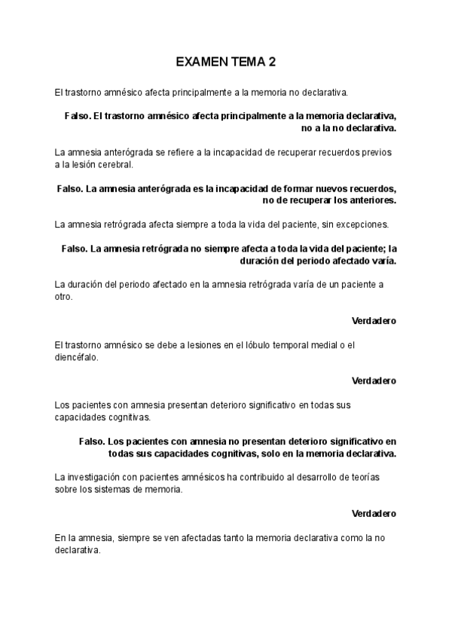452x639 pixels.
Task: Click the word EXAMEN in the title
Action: pyautogui.click(x=200, y=63)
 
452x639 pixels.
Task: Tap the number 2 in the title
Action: pyautogui.click(x=272, y=63)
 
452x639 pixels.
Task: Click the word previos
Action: pyautogui.click(x=377, y=153)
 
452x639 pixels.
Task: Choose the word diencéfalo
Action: pyautogui.click(x=75, y=357)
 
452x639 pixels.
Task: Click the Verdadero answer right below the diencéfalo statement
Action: pyautogui.click(x=374, y=381)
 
